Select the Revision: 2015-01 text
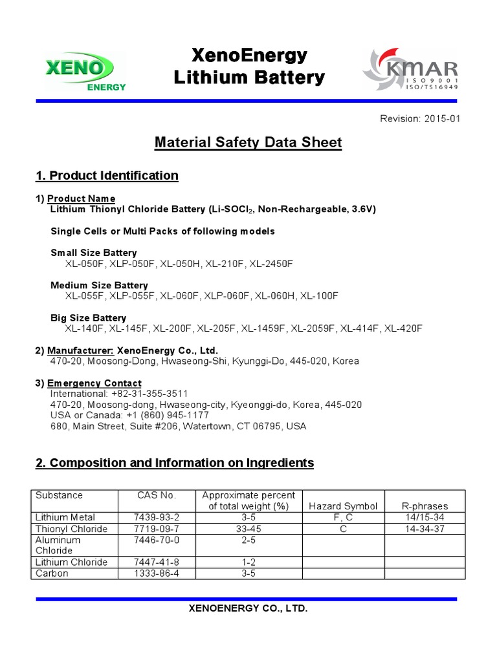tap(420, 119)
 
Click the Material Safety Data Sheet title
tap(248, 142)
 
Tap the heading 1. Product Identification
tap(107, 176)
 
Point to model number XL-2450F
tap(271, 264)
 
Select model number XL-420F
tap(403, 328)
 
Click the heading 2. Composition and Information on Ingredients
tap(175, 463)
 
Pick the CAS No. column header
tap(156, 495)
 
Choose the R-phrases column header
tap(425, 506)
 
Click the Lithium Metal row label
tap(65, 517)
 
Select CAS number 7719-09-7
tap(156, 529)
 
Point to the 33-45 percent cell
tap(248, 529)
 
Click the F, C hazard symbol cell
tap(343, 517)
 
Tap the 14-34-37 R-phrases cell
tap(425, 529)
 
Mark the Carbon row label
tap(52, 573)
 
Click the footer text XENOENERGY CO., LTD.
tap(248, 609)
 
